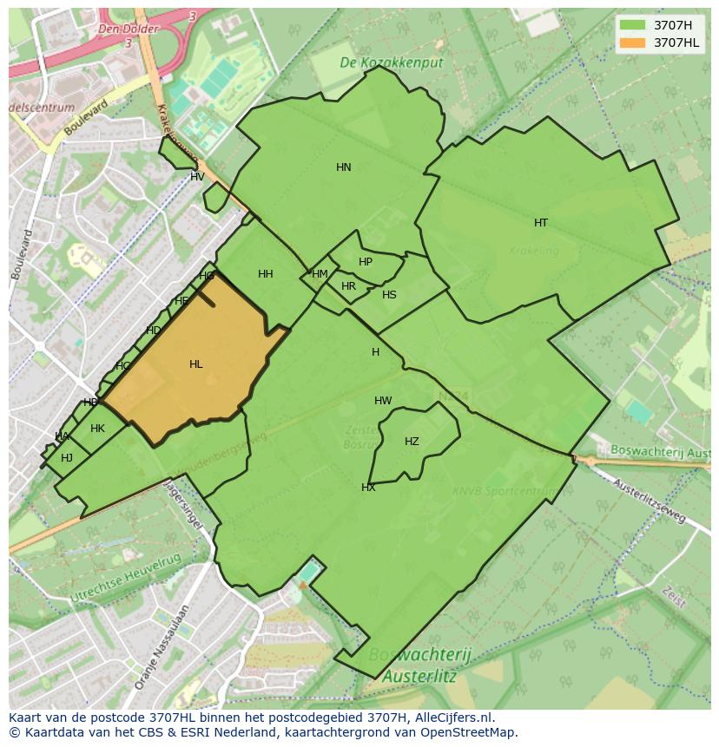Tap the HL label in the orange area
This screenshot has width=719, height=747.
[x=195, y=364]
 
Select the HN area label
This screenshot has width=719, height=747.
[x=344, y=167]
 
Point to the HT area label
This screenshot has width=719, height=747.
[x=541, y=223]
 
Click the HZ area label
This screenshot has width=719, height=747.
[x=412, y=442]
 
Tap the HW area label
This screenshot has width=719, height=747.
[x=383, y=401]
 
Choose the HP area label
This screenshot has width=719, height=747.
[x=366, y=262]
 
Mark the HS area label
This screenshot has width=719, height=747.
[x=389, y=295]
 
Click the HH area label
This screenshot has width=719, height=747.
[x=266, y=274]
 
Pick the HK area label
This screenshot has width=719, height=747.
[x=97, y=429]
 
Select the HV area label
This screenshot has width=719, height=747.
[x=197, y=177]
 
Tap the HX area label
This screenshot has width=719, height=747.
[x=368, y=488]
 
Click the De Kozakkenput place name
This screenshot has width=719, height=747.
[x=391, y=63]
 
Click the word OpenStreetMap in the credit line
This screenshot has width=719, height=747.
[x=472, y=732]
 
